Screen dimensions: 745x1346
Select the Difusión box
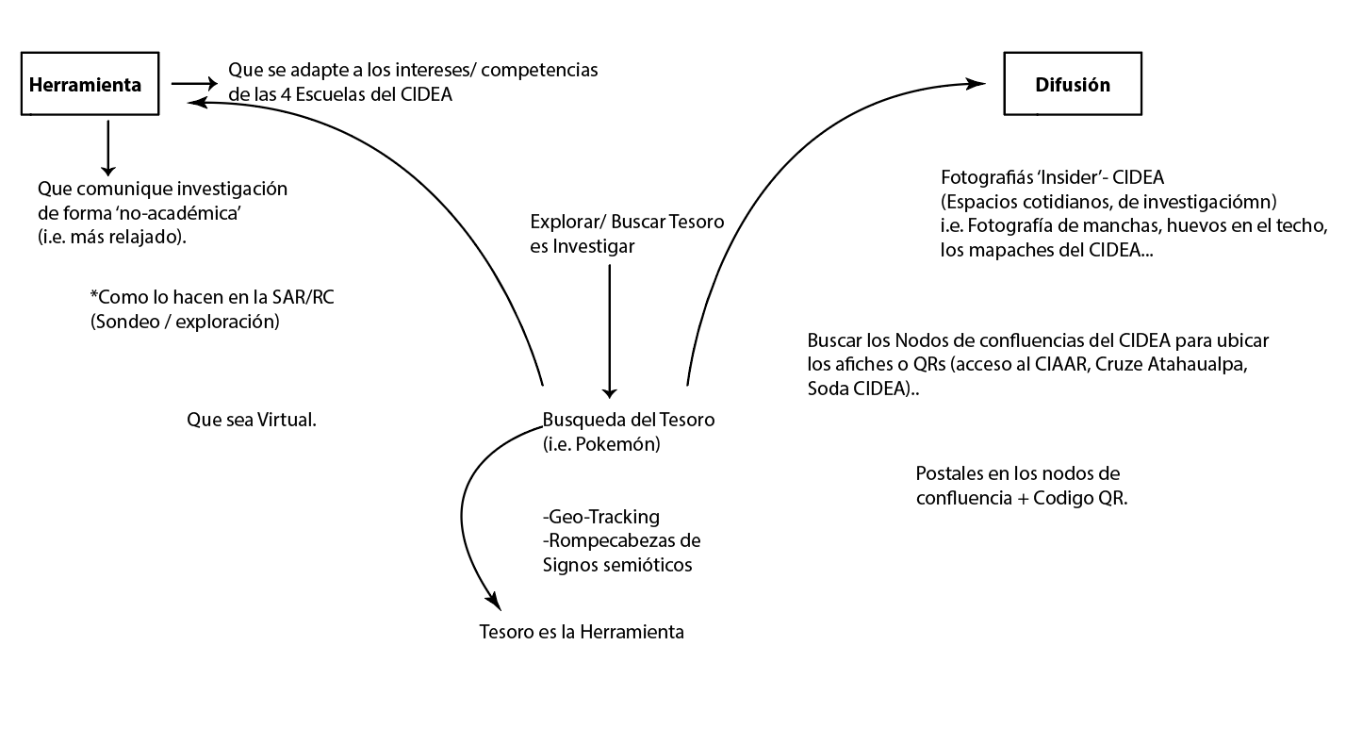coord(1073,85)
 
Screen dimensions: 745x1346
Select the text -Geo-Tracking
coord(601,517)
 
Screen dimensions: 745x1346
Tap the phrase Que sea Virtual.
coord(252,420)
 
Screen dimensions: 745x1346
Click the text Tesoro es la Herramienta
coord(582,632)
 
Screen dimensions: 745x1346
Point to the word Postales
coord(951,473)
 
